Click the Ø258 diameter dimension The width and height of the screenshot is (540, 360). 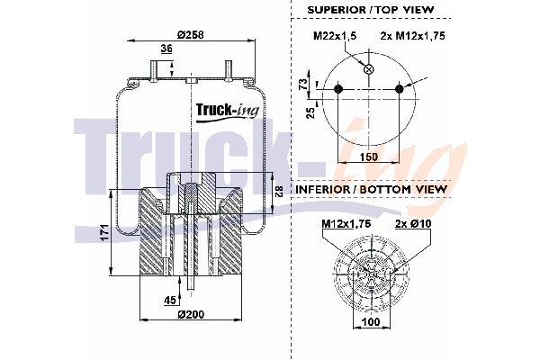click(190, 33)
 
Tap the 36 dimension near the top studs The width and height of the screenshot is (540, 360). click(166, 49)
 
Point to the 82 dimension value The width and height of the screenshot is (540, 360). click(278, 191)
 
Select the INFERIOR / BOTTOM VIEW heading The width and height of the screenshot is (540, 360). click(370, 190)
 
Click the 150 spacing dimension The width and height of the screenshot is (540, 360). click(369, 156)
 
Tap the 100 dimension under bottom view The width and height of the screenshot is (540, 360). click(369, 320)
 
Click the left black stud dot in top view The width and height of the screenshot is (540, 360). click(338, 88)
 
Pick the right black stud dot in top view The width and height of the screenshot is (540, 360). click(400, 88)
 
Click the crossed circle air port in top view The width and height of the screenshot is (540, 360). click(367, 70)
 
